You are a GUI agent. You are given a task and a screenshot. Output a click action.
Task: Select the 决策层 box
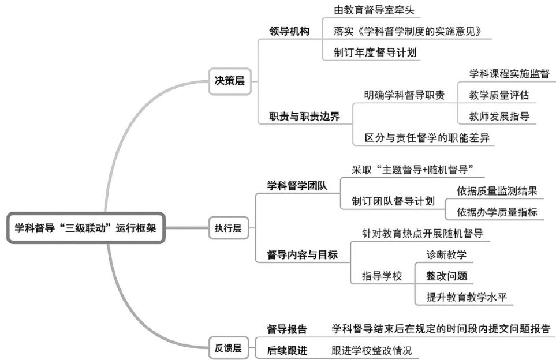click(x=226, y=81)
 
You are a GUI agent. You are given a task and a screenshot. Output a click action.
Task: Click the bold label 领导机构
click(x=289, y=31)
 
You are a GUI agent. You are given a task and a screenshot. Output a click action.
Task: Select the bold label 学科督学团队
click(x=297, y=185)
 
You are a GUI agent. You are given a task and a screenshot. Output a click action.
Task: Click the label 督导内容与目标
click(x=302, y=254)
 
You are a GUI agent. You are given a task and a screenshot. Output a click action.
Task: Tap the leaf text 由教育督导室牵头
click(x=374, y=10)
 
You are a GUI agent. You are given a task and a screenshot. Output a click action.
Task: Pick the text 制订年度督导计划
click(x=374, y=51)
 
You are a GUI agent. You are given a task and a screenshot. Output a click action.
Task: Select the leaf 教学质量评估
click(x=499, y=95)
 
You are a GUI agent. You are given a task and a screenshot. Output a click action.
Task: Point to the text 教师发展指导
click(x=499, y=116)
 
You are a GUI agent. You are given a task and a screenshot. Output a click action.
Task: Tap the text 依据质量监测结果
click(x=497, y=190)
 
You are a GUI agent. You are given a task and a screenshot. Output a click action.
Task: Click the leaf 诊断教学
click(x=446, y=254)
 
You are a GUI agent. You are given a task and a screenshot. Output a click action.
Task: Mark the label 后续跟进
click(x=287, y=350)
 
